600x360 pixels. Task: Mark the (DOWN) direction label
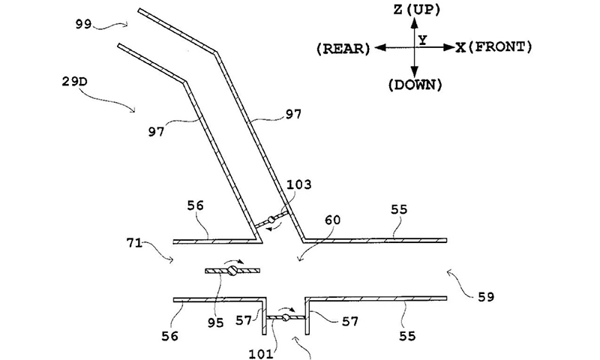click(415, 85)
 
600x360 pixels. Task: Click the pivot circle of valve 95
click(233, 271)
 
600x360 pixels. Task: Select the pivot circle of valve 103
click(273, 219)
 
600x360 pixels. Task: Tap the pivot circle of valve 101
click(285, 319)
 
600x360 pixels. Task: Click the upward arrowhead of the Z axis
click(415, 22)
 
